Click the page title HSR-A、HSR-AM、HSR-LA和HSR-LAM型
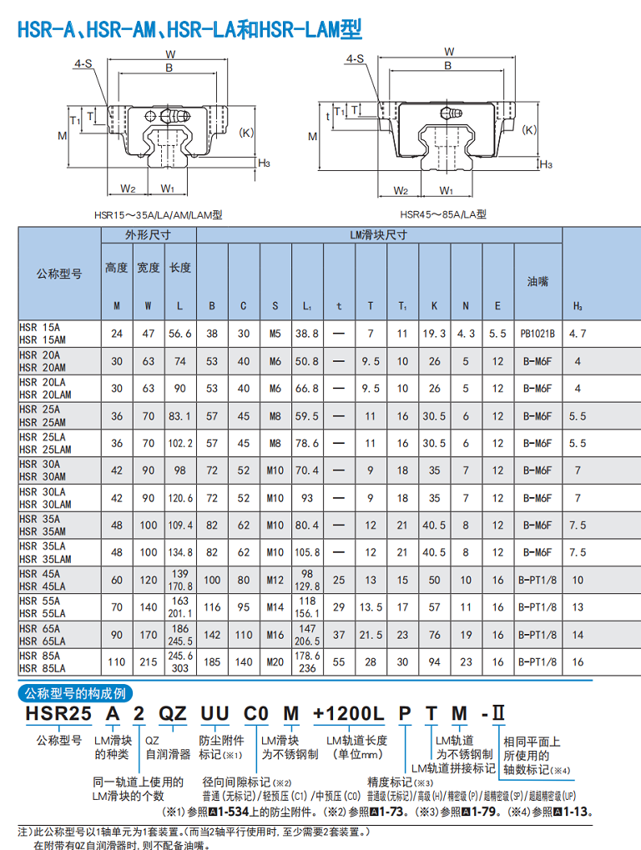[x=189, y=28]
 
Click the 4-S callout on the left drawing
[x=83, y=64]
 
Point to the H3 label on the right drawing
[x=546, y=164]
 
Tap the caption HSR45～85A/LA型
[x=443, y=214]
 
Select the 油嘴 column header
[x=538, y=281]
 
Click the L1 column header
[x=307, y=306]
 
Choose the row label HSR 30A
[x=39, y=464]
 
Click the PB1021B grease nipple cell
[x=538, y=334]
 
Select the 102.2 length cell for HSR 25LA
[x=180, y=444]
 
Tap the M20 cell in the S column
[x=275, y=661]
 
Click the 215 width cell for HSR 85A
[x=148, y=661]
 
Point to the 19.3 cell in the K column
[x=434, y=334]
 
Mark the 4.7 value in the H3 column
[x=578, y=334]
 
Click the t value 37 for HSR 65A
[x=339, y=635]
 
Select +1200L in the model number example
[x=348, y=713]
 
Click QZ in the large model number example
[x=173, y=713]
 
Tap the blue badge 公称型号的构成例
[x=75, y=693]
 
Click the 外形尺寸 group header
[x=148, y=235]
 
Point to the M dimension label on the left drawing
[x=63, y=136]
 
